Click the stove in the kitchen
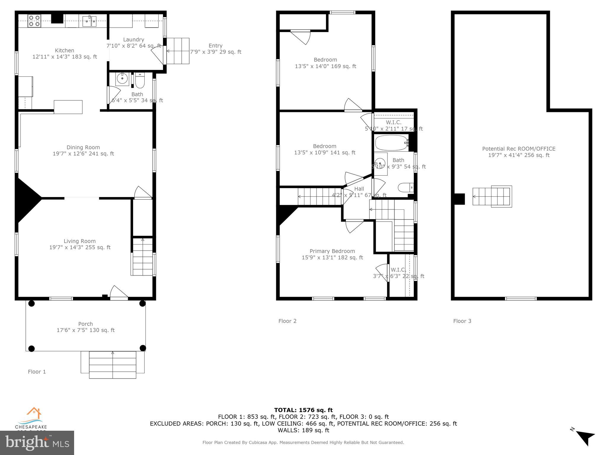[34, 21]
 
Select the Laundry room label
[133, 40]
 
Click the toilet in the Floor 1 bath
[140, 81]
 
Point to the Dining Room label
[83, 148]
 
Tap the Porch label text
[85, 324]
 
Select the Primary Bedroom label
[332, 251]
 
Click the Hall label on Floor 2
[359, 189]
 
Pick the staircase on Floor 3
[492, 196]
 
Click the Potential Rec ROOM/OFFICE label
[519, 149]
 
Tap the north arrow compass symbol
[585, 437]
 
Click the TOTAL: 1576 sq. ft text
[303, 410]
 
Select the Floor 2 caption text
[287, 321]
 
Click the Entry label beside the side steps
[215, 46]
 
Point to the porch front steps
[113, 365]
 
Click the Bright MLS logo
[37, 443]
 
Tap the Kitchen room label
[64, 51]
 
